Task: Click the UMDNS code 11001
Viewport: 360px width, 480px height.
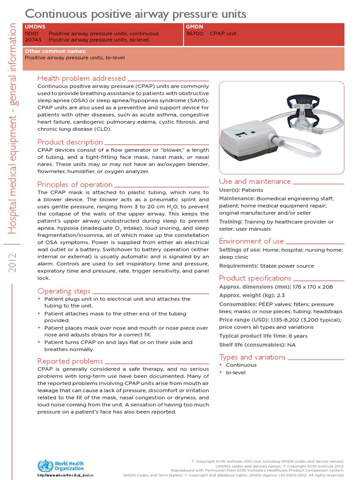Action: [32, 34]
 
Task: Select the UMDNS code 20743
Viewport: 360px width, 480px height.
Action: [32, 40]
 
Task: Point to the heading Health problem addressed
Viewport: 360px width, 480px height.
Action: [81, 78]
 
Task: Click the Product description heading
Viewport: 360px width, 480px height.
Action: [70, 142]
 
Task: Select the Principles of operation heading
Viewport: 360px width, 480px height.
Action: [75, 184]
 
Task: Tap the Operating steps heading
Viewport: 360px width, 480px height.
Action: [64, 291]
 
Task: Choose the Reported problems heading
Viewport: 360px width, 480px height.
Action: [70, 361]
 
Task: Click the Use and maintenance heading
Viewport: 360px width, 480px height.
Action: [255, 181]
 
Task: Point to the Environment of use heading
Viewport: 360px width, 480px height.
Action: [251, 241]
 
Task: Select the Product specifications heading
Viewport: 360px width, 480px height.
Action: [255, 278]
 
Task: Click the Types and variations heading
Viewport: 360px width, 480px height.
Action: [252, 357]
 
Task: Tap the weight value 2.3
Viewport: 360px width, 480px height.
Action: [281, 295]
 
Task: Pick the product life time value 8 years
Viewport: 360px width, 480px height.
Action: [297, 336]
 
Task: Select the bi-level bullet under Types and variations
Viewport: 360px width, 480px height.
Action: [236, 373]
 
